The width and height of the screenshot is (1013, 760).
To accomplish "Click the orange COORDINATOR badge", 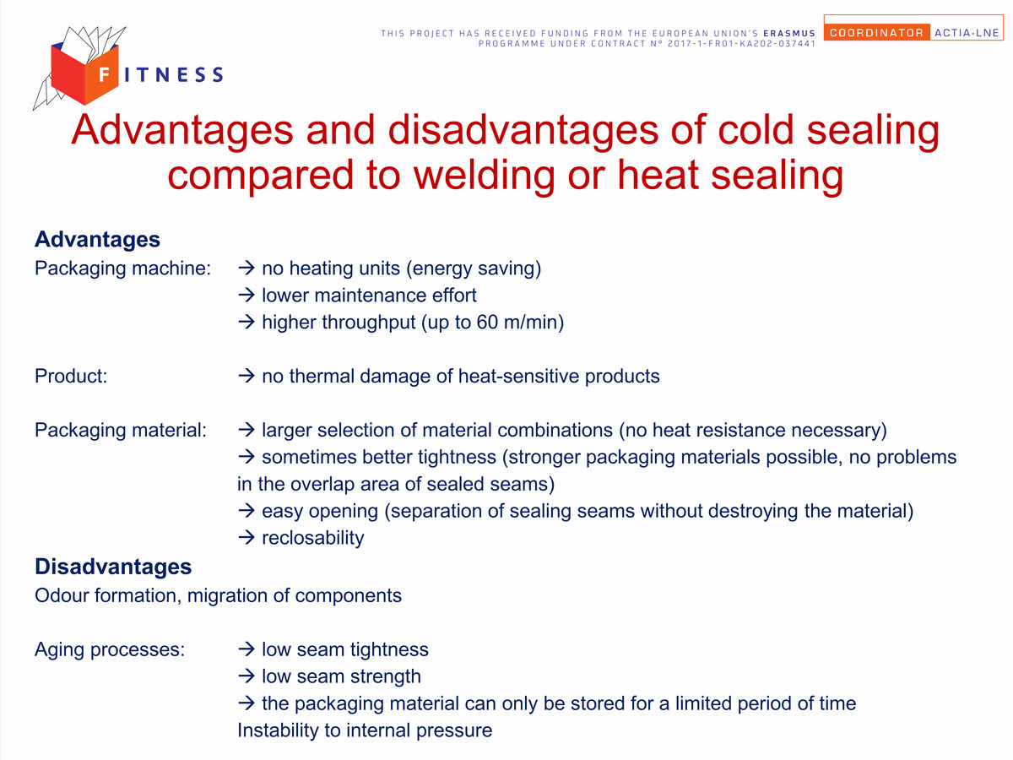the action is (x=876, y=33).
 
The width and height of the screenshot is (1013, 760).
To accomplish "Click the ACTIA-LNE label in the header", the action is (x=967, y=33).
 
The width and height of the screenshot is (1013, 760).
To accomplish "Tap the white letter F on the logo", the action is (x=105, y=74).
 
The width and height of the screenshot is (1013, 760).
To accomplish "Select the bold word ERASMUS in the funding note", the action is (x=789, y=33).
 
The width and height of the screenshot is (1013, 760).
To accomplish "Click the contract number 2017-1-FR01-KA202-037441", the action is (x=741, y=44).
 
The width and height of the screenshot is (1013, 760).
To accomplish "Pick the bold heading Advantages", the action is (x=97, y=240).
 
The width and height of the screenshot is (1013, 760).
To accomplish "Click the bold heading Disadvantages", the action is (x=113, y=567).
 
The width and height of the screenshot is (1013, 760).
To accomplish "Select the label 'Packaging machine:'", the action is (x=122, y=269).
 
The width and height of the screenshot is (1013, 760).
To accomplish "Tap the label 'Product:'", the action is (x=71, y=376).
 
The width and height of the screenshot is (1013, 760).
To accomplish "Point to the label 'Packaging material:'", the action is (x=121, y=431).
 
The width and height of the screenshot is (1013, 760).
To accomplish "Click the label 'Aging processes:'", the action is (x=110, y=649).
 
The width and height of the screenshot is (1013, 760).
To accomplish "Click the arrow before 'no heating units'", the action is (x=246, y=268).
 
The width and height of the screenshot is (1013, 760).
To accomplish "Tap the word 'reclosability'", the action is (x=313, y=538).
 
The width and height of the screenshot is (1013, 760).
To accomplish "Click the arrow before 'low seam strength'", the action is (x=246, y=676).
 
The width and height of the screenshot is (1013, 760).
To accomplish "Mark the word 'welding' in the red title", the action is (x=484, y=176).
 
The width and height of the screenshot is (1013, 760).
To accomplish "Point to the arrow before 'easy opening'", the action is (x=246, y=510).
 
